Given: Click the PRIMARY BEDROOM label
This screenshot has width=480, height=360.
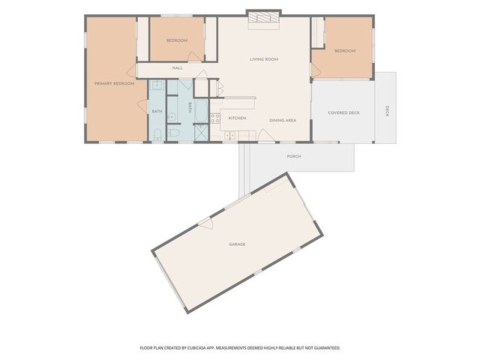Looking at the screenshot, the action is pyautogui.click(x=114, y=83).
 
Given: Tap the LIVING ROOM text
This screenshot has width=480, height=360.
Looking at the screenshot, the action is pyautogui.click(x=264, y=59).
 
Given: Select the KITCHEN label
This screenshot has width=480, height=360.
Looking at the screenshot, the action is pyautogui.click(x=237, y=118).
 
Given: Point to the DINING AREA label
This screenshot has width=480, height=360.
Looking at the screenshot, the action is pyautogui.click(x=283, y=120).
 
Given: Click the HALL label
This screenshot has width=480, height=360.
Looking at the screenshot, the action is pyautogui.click(x=178, y=68).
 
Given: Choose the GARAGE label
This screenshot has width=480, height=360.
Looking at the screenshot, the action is pyautogui.click(x=237, y=244).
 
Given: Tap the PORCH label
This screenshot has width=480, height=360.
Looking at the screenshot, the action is pyautogui.click(x=294, y=157).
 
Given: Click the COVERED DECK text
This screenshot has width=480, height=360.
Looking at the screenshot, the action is pyautogui.click(x=343, y=112).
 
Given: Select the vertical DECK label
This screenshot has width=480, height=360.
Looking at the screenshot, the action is pyautogui.click(x=387, y=111).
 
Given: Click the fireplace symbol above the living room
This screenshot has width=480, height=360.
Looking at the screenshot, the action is pyautogui.click(x=264, y=17).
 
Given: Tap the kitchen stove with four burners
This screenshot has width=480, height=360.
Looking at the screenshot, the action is pyautogui.click(x=215, y=118).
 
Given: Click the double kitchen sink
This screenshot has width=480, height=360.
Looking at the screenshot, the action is pyautogui.click(x=230, y=135).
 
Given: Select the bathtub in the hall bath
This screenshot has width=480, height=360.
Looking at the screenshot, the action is pyautogui.click(x=201, y=110).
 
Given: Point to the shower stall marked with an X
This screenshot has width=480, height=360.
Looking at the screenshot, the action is pyautogui.click(x=201, y=132).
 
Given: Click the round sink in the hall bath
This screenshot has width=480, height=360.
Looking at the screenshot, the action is pyautogui.click(x=172, y=117).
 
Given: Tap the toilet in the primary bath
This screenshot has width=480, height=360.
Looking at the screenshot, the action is pyautogui.click(x=157, y=135).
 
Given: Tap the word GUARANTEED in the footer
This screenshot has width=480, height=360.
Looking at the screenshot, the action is pyautogui.click(x=328, y=348).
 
